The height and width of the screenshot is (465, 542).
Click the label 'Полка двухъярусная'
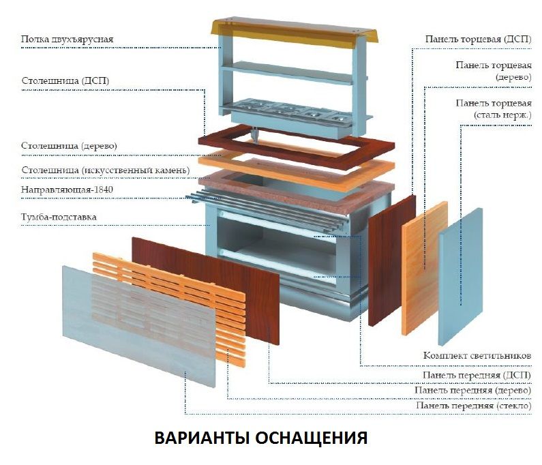(66, 40)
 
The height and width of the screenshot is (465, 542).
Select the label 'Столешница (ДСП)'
(65, 81)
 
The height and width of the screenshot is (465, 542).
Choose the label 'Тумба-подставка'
(59, 217)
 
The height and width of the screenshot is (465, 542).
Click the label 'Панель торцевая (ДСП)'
(478, 40)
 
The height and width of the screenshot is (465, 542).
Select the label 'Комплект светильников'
(477, 356)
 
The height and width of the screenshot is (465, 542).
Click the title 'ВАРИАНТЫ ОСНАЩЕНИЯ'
(261, 437)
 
